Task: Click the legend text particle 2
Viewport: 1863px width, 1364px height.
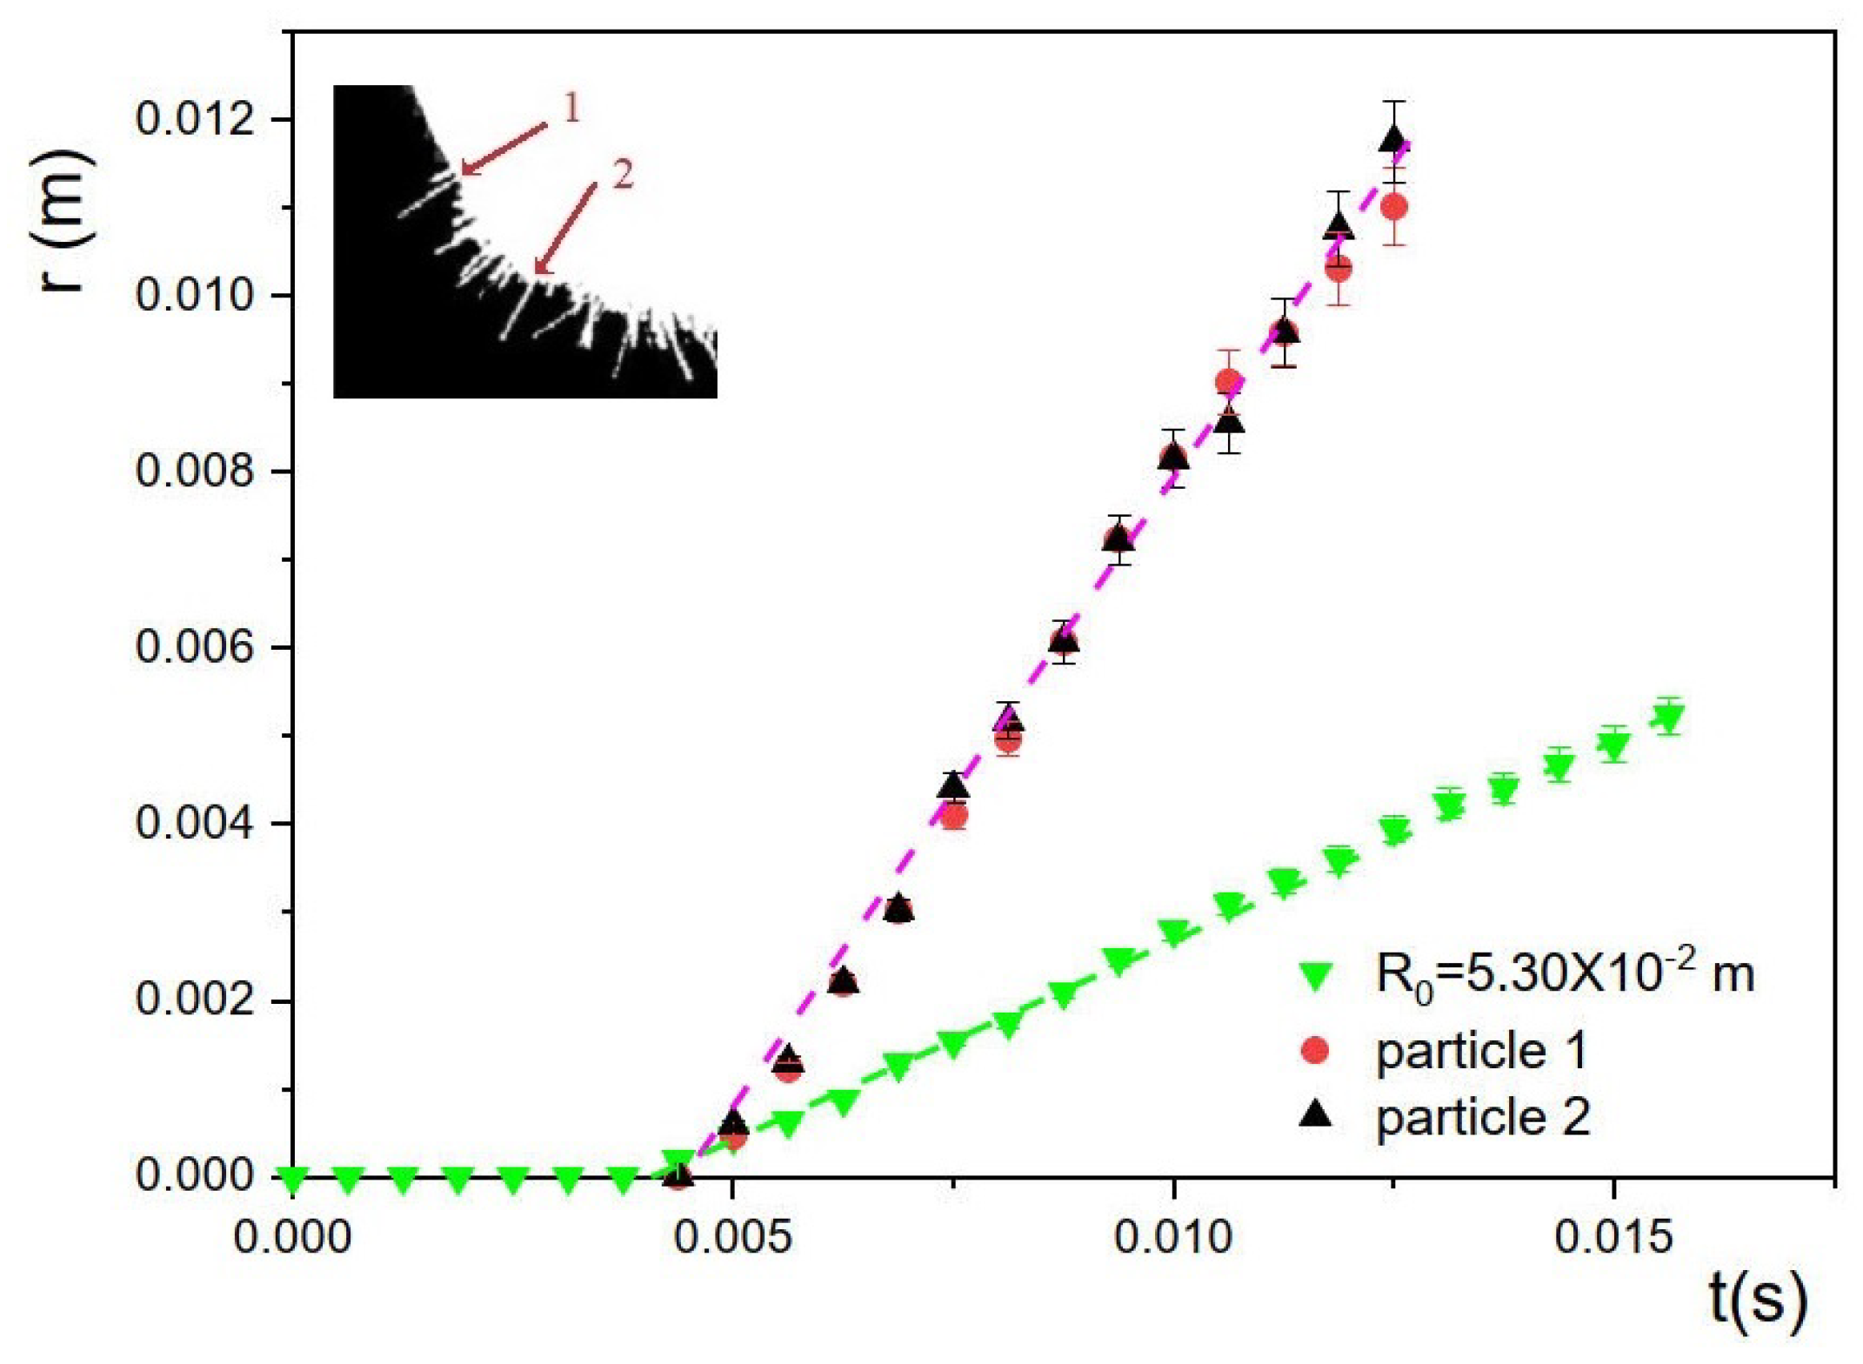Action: pos(1482,1116)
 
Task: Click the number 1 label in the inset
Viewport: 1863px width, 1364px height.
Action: pos(571,109)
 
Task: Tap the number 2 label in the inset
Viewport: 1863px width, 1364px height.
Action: pos(623,175)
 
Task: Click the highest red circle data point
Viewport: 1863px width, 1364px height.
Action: pos(1394,207)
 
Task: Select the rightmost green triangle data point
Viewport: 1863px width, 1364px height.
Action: pos(1668,719)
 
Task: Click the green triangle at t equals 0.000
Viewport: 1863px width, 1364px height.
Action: pos(293,1180)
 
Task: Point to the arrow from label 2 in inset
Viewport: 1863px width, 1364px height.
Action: pos(565,228)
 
